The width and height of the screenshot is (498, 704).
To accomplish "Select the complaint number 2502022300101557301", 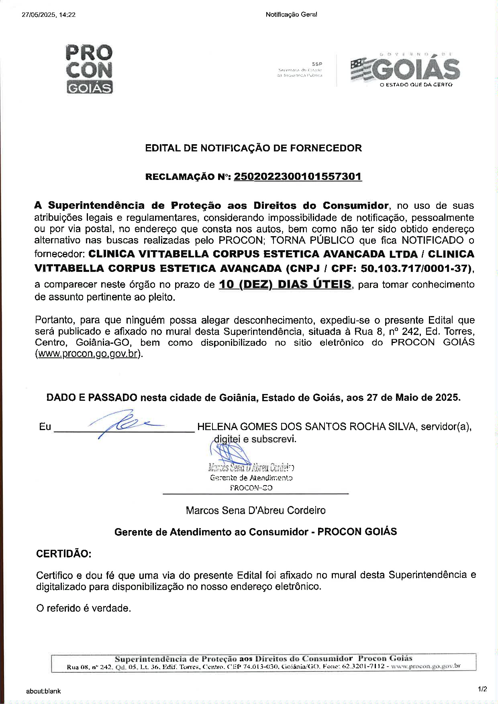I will (x=298, y=177).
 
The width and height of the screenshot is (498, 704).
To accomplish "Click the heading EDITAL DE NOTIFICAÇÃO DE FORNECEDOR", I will (x=253, y=148).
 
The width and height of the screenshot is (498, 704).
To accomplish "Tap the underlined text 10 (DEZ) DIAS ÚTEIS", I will (x=285, y=285).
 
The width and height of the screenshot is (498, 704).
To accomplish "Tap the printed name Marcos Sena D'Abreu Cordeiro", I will (x=255, y=510).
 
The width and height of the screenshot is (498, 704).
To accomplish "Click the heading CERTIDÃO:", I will (x=64, y=554).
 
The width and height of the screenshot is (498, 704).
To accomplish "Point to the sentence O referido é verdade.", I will (x=84, y=608).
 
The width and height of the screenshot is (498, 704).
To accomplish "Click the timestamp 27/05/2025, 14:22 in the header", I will (x=49, y=15).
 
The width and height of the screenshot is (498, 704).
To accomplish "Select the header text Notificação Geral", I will (x=291, y=15).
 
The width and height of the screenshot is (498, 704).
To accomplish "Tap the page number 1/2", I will (x=482, y=689).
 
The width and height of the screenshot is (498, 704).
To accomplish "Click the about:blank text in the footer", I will (x=43, y=691).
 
